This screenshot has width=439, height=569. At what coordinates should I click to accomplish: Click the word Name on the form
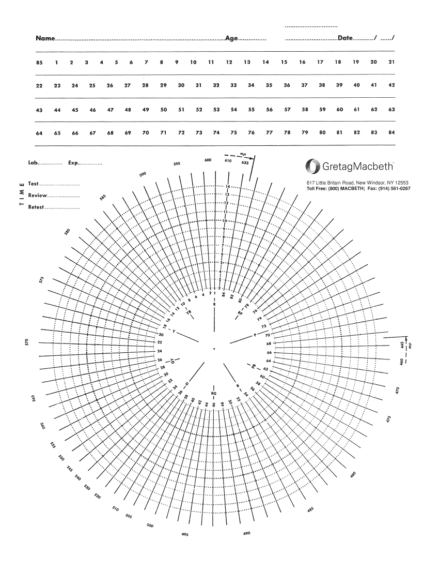(45, 39)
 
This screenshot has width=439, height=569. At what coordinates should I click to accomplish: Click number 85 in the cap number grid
(39, 63)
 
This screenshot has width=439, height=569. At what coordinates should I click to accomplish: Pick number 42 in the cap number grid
(391, 85)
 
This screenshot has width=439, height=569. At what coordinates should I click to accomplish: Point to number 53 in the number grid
(216, 110)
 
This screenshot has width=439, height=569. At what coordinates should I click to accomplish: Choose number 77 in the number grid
(269, 133)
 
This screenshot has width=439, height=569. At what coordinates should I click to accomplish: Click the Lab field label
(34, 163)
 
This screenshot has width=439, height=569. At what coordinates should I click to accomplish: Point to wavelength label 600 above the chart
(208, 160)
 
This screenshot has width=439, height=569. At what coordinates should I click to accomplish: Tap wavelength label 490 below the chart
(246, 533)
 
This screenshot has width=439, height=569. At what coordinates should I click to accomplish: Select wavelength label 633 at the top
(245, 162)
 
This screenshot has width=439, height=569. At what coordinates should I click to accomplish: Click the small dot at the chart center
(214, 350)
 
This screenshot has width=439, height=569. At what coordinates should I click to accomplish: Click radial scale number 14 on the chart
(227, 186)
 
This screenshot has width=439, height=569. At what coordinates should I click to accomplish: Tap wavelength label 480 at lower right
(353, 475)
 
